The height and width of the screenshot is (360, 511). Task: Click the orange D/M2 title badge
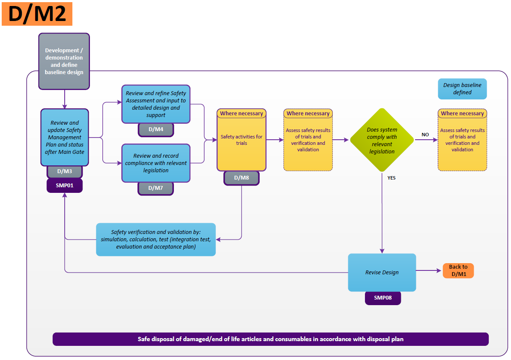coord(37,14)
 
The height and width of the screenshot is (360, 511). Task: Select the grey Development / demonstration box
coord(64,61)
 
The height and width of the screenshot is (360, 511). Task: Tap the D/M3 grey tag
coord(64,171)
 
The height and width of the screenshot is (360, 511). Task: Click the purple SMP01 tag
coord(64,186)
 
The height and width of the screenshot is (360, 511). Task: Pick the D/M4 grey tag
coord(155,129)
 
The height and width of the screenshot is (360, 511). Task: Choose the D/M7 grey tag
coord(155,188)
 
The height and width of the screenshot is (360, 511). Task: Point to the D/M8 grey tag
coord(241,178)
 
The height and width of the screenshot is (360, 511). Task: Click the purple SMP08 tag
coord(383,298)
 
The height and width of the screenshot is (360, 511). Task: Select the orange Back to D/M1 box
coord(458,270)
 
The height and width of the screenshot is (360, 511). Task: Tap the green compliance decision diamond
coord(382,140)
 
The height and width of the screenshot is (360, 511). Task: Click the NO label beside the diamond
coord(425,135)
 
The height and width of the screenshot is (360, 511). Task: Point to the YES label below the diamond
coord(391,178)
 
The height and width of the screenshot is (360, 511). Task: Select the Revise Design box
coord(382,273)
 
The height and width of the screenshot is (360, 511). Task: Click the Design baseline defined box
coord(462,89)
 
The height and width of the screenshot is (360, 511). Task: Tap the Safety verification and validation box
coord(155,240)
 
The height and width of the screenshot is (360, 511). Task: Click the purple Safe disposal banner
coord(270,339)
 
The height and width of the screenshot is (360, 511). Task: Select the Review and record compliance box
coord(155,163)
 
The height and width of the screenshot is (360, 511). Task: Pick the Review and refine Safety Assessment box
coord(155,104)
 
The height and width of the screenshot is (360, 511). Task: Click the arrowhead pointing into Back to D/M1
coord(439,270)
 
